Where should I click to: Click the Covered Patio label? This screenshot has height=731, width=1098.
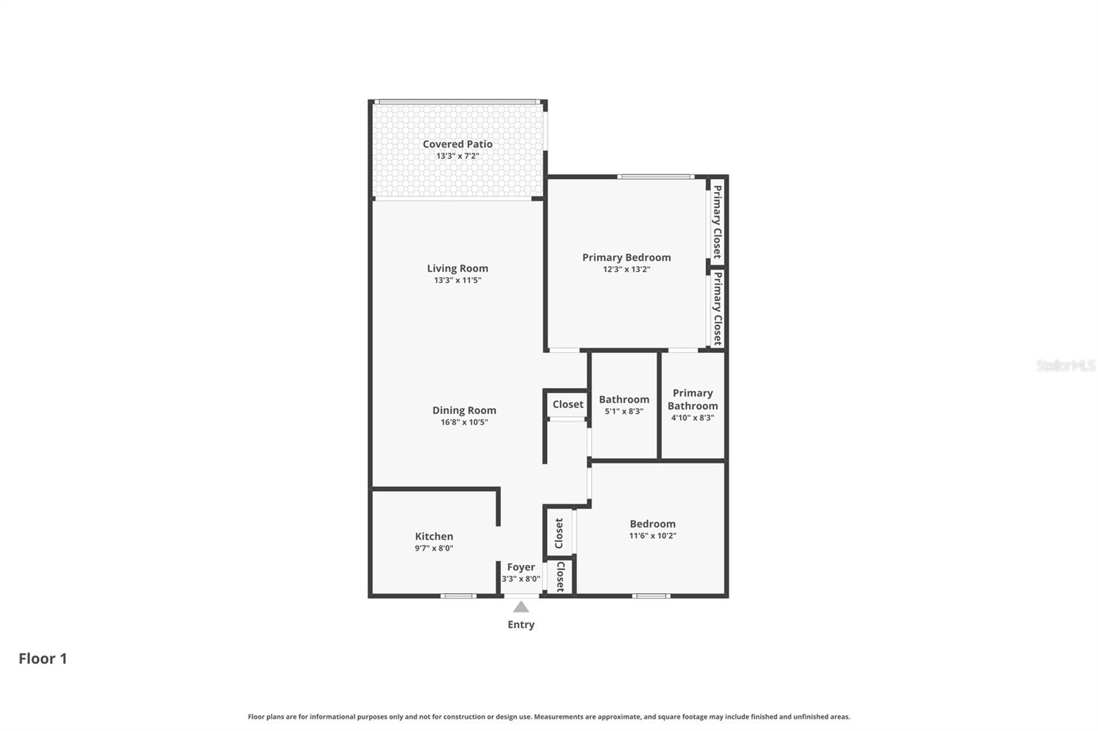[x=457, y=144]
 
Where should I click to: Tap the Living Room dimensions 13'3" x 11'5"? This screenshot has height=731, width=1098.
[x=457, y=280]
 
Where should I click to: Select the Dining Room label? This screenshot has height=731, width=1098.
[x=464, y=410]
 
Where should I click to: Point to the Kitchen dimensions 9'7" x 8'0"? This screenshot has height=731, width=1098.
[x=434, y=548]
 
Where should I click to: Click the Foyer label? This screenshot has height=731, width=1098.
[x=521, y=567]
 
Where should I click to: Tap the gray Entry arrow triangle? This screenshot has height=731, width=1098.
[x=521, y=607]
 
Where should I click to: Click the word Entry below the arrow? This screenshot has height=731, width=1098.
[x=521, y=625]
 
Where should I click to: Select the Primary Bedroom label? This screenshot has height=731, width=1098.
[x=627, y=257]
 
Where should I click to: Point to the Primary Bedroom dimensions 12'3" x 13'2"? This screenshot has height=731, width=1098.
[x=627, y=269]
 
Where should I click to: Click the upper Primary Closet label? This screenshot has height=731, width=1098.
[x=716, y=221]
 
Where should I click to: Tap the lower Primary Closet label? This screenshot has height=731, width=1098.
[x=716, y=309]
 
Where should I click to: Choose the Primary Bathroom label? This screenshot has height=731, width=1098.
[x=692, y=399]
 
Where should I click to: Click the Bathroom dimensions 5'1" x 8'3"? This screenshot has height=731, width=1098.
[x=624, y=411]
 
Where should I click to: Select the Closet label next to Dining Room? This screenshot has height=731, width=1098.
[x=568, y=405]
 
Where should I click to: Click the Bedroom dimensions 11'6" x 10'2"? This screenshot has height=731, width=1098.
[x=653, y=536]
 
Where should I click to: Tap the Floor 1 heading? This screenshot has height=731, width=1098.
[x=43, y=658]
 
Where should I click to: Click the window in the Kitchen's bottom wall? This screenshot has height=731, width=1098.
[x=458, y=596]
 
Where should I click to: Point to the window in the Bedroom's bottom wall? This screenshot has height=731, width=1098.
[x=651, y=596]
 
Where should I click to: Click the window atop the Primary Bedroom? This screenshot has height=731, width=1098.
[x=655, y=177]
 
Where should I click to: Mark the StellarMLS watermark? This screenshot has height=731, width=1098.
[x=1065, y=365]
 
